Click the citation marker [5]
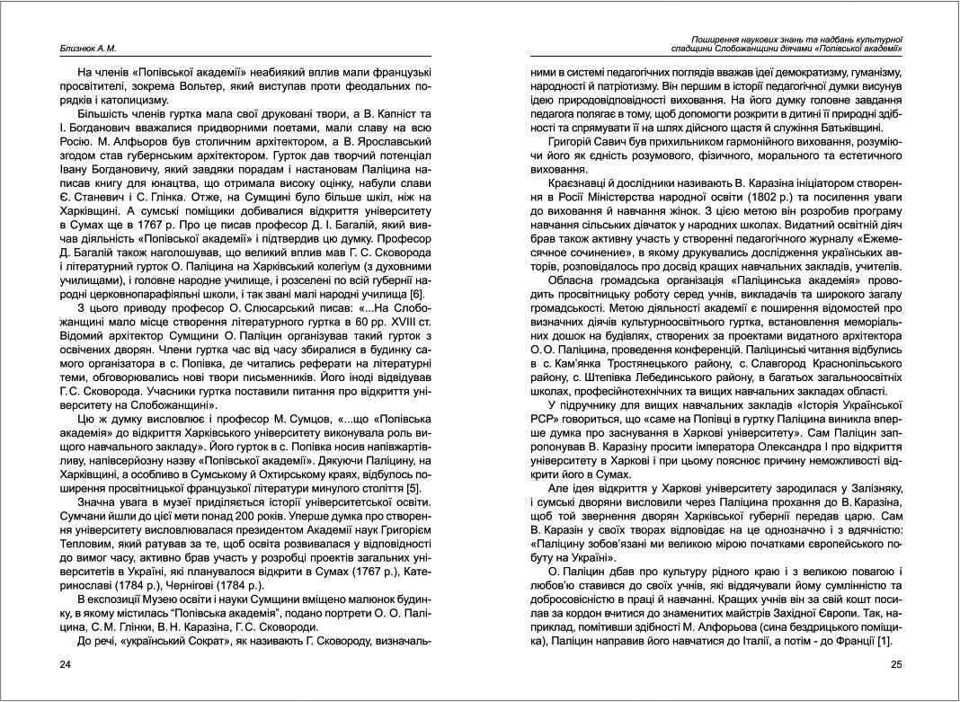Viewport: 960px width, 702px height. coord(413,488)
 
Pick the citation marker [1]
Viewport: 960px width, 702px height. coord(884,639)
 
